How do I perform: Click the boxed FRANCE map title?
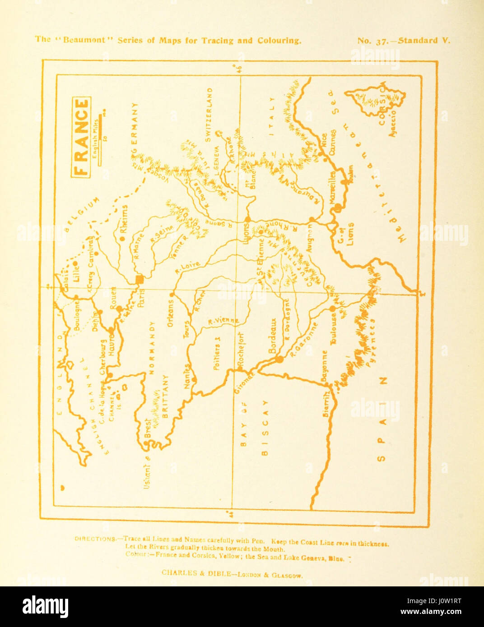[x=81, y=137]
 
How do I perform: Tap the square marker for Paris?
[x=140, y=280]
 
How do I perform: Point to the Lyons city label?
[x=246, y=233]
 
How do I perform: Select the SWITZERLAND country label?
[x=208, y=115]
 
